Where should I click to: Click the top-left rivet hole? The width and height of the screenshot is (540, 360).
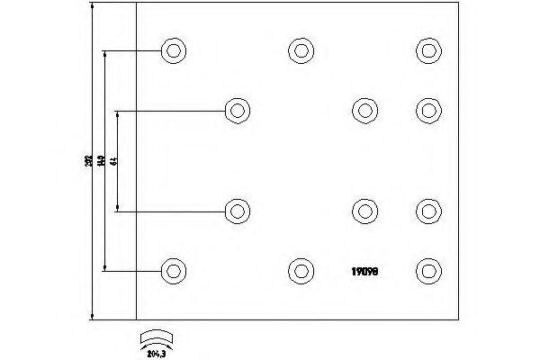coord(173,50)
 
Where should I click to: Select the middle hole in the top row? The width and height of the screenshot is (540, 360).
coord(301,50)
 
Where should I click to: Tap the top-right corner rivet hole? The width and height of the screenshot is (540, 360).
coord(427,50)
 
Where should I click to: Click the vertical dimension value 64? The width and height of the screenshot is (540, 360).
coord(114,160)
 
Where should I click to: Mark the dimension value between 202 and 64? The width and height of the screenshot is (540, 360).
coord(102,160)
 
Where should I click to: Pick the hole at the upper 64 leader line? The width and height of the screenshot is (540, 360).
coord(237,110)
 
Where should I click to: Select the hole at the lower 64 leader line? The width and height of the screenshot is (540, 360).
coord(237,211)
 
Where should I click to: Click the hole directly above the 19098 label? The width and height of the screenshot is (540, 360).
coord(364,211)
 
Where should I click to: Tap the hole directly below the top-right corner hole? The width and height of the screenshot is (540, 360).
coord(427,110)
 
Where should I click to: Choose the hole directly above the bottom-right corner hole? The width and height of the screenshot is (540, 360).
coord(427,211)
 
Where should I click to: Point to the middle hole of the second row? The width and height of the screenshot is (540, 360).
coord(364,110)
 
